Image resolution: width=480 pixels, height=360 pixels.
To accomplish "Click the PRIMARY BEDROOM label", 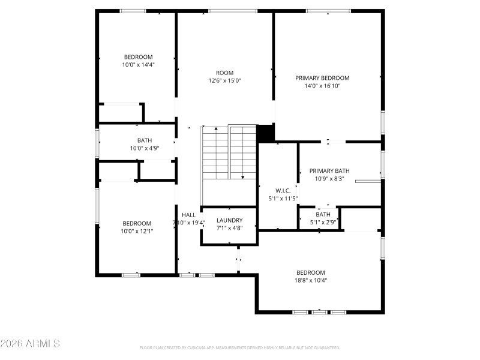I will pos(322,78).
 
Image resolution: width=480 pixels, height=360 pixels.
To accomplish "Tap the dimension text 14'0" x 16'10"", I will pos(322,86).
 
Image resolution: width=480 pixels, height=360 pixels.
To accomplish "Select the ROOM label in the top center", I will pos(225,73).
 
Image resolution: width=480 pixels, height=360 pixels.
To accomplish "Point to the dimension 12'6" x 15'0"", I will pos(225,80).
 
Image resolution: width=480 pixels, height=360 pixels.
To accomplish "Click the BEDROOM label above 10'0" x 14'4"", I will pos(138,57).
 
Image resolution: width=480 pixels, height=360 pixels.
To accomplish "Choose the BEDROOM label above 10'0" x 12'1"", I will pos(137,223).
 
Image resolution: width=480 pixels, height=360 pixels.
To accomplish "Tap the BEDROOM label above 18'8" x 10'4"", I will pos(310,272).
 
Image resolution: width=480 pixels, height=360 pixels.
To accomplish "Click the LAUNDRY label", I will pos(229,220).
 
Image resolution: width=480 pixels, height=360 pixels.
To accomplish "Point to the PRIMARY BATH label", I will pos(329,170).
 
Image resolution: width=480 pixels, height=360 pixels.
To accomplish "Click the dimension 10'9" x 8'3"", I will pos(329,178).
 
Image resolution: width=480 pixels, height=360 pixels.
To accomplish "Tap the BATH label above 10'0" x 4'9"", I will pos(145,140).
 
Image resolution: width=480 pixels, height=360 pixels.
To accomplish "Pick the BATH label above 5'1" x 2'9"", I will pos(323,214).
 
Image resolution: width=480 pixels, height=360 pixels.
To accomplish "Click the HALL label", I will pos(188,215).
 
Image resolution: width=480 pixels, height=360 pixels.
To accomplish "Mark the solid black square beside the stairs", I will pos(265,133).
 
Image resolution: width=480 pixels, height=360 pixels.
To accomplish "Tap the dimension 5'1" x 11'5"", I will pos(283,198).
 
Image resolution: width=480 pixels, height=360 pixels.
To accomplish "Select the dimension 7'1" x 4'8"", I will pos(229,228).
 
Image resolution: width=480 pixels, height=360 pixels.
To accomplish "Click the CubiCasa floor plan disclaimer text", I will pos(240,347).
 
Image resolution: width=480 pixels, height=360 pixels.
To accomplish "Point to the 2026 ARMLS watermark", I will pos(30,344).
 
